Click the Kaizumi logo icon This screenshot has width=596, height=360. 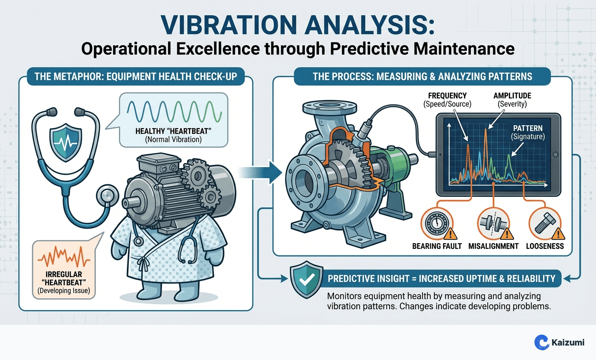coord(541,342)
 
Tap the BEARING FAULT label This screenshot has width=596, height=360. coord(437,246)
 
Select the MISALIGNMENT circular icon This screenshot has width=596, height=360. coord(493,223)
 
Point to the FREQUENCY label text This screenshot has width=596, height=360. coord(447,96)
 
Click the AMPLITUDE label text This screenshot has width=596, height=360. coord(512,96)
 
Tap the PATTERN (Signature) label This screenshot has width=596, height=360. coord(527,132)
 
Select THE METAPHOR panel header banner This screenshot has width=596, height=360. coord(135,77)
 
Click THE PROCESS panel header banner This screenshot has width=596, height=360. coord(422,77)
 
